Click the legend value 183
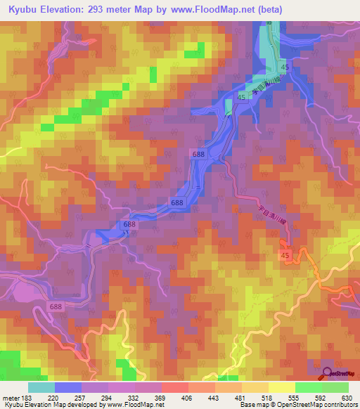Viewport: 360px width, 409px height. click(x=28, y=396)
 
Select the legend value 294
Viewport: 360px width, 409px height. click(x=108, y=396)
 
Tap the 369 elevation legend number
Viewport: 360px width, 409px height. click(x=161, y=396)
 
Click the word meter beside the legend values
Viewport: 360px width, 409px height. click(x=10, y=396)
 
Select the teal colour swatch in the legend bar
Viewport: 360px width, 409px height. click(x=41, y=387)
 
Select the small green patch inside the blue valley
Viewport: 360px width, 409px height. click(x=229, y=108)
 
